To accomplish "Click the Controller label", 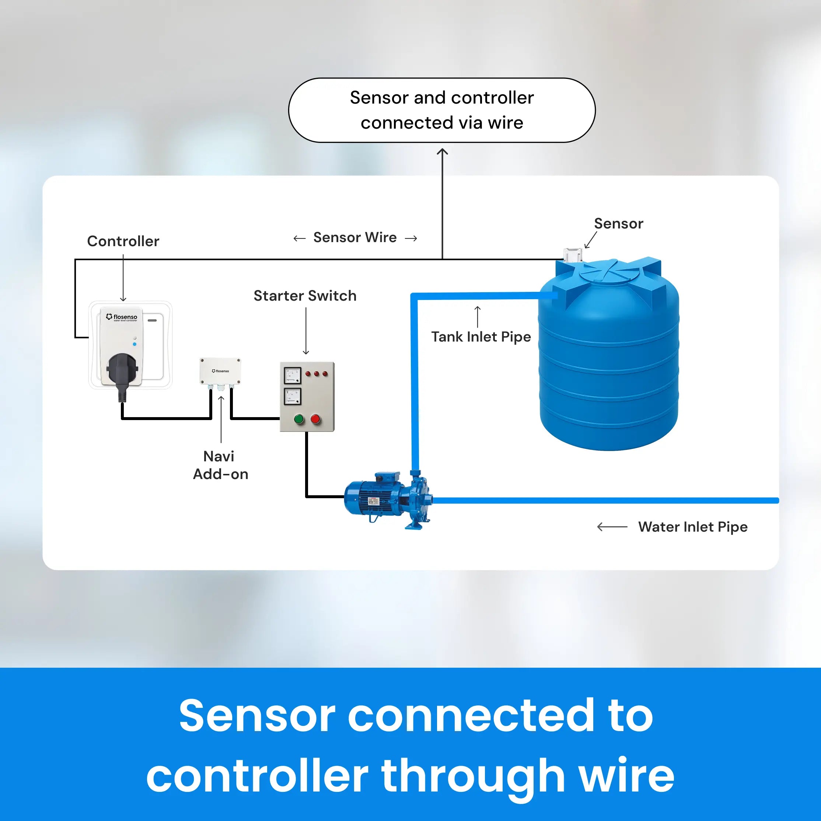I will click(123, 241).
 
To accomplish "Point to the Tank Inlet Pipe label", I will click(481, 336).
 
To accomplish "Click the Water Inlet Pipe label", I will click(692, 527).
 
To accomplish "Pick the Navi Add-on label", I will click(220, 465).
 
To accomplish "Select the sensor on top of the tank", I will click(572, 255).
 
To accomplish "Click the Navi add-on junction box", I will click(220, 371).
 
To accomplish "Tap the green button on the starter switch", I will click(299, 419).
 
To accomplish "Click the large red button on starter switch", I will click(315, 419).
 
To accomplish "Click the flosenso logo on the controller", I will click(122, 317).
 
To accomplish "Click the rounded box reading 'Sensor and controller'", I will click(441, 110).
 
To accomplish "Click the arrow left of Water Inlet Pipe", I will click(612, 527).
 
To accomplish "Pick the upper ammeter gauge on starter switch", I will click(292, 375).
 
